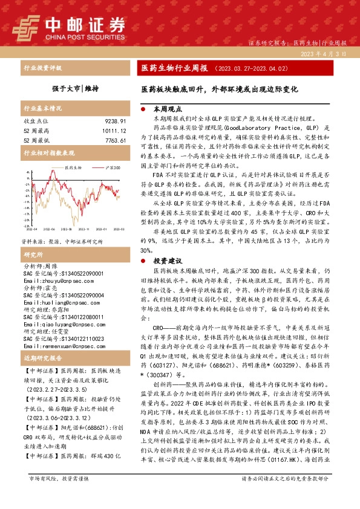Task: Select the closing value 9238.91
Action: [x=113, y=122]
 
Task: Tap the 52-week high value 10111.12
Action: [x=112, y=131]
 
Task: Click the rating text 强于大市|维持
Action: [x=75, y=88]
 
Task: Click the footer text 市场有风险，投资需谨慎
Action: [x=59, y=495]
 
